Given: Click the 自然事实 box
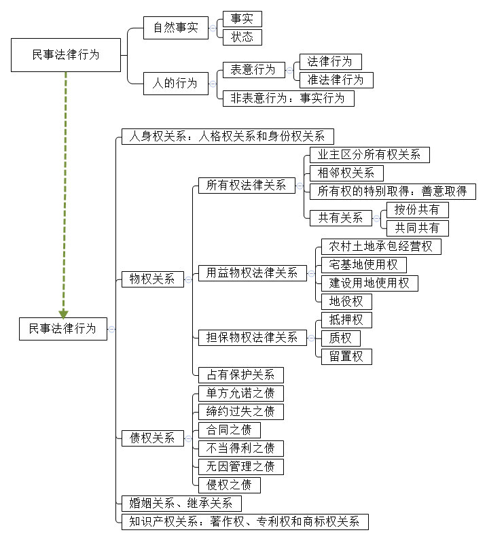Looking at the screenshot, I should click(175, 29).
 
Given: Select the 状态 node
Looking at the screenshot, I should click(242, 37).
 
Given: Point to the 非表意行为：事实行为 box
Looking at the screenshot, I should click(288, 98).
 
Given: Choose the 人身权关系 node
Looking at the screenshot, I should click(228, 136).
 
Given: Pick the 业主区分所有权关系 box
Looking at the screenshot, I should click(369, 154).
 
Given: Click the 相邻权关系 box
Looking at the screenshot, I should click(346, 173).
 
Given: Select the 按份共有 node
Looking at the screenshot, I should click(417, 209).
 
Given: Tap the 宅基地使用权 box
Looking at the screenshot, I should click(367, 264).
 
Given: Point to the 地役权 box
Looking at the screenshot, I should click(346, 301).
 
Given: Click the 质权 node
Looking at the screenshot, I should click(341, 338).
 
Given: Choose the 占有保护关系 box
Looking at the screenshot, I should click(240, 374).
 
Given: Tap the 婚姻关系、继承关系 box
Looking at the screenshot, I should click(181, 504).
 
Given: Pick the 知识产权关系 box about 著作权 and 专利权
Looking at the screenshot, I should click(245, 522).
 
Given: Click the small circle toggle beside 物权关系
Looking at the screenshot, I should click(188, 279).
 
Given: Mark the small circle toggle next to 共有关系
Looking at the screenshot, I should click(376, 218).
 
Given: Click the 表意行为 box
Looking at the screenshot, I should click(253, 69).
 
